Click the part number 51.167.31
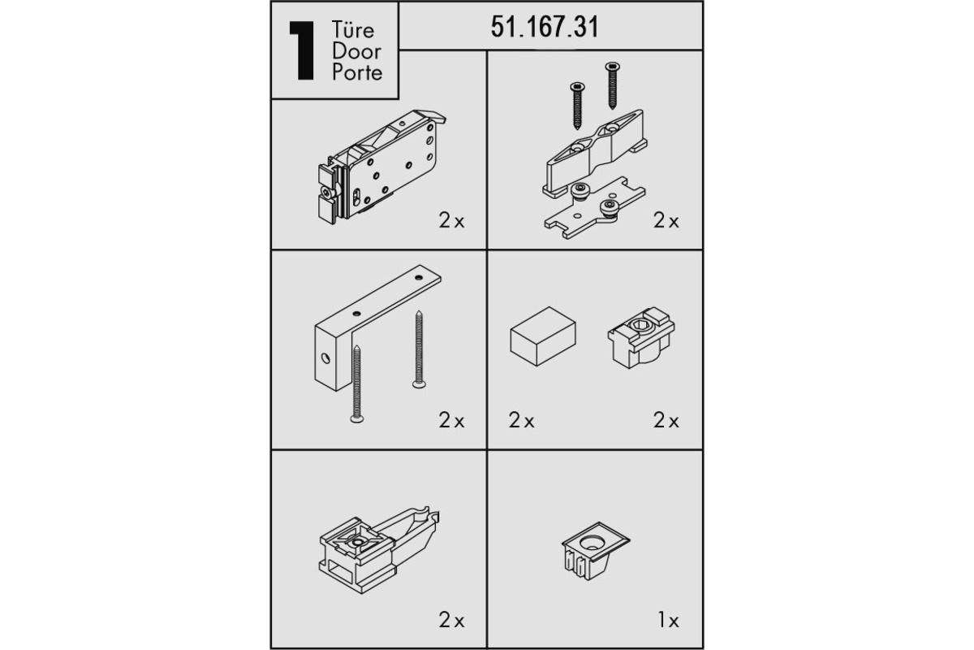(x=545, y=27)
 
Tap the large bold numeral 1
(x=302, y=50)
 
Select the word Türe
(x=352, y=30)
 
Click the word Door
(x=356, y=51)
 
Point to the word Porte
(x=357, y=72)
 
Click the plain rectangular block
(x=543, y=336)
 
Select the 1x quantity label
(x=668, y=620)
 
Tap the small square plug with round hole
(x=596, y=550)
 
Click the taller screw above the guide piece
(x=612, y=85)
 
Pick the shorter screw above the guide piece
(x=577, y=106)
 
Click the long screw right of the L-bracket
(x=419, y=349)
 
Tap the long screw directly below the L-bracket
(x=357, y=384)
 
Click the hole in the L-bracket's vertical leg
(x=325, y=358)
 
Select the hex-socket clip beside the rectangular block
(x=641, y=337)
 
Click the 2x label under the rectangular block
(x=521, y=421)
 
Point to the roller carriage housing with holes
(x=381, y=167)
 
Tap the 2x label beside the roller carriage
(x=451, y=221)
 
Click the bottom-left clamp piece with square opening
(x=379, y=549)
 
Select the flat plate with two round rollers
(x=594, y=208)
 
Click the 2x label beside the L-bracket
(x=451, y=421)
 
